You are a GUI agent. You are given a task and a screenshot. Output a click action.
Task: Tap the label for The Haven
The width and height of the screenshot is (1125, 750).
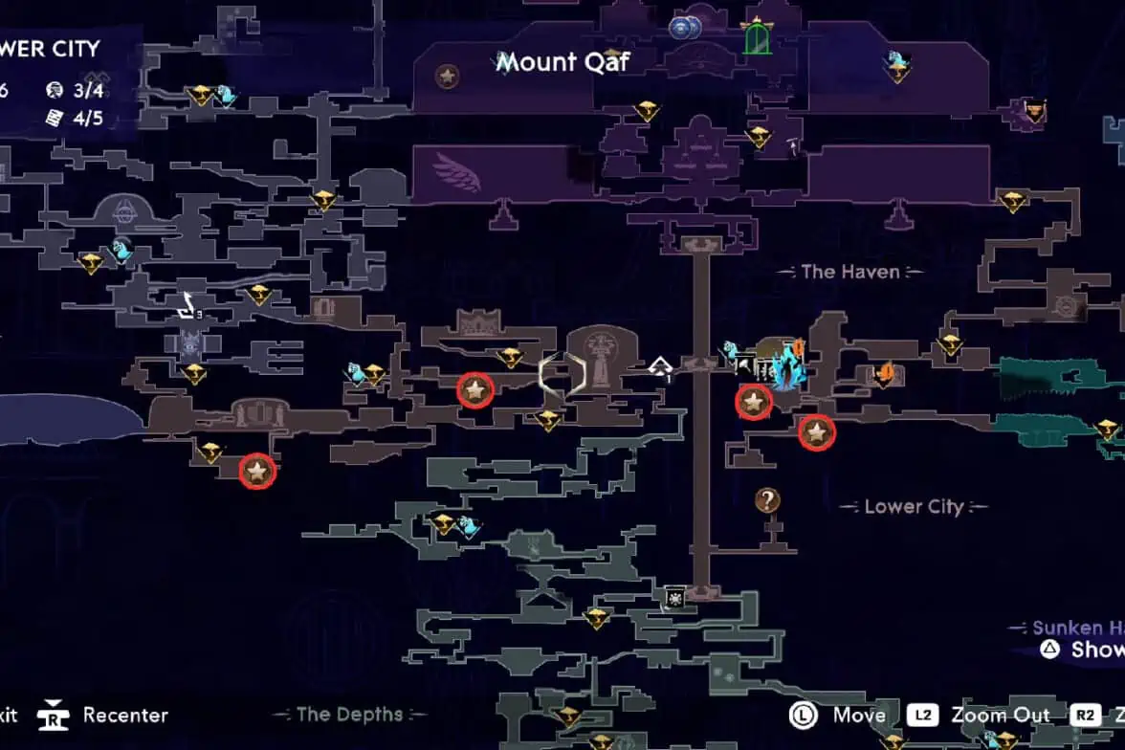[x=850, y=272]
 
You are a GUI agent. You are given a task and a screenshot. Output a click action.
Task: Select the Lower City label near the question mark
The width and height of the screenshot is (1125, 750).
[x=914, y=506]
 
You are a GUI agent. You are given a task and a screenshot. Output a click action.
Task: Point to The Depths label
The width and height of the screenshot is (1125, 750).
[x=350, y=714]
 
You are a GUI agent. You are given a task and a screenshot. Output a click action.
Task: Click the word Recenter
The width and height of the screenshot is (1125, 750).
[x=125, y=715]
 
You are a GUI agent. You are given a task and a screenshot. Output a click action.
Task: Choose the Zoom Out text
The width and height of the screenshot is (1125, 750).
[x=1000, y=715]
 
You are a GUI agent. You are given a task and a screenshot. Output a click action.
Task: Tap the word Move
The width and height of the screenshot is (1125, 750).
[x=859, y=715]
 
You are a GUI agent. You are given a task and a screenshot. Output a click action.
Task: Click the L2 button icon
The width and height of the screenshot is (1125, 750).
[x=923, y=715]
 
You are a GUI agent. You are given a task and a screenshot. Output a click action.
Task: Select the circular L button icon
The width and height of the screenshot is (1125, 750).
[x=803, y=715]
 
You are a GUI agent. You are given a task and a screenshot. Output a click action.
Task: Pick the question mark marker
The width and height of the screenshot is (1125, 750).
[x=767, y=499]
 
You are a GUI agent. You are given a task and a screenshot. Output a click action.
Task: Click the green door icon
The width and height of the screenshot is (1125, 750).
[x=758, y=38]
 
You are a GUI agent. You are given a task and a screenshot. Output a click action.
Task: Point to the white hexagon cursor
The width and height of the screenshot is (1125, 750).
[x=562, y=374]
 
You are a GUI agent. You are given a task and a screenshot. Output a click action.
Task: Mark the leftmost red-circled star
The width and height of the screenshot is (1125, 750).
[x=256, y=471]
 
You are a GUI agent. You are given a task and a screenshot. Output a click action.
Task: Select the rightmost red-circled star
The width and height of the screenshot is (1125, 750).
[x=816, y=433]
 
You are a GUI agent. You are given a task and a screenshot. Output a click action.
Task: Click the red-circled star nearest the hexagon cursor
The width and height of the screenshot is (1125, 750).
[x=475, y=389]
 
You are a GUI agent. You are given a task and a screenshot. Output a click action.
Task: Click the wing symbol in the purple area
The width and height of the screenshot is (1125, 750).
[x=456, y=172]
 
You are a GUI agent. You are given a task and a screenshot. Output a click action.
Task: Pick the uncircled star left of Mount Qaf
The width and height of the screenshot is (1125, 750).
[x=446, y=76]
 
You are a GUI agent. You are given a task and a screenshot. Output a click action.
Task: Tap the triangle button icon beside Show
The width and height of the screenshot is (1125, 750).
[x=1049, y=650]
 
